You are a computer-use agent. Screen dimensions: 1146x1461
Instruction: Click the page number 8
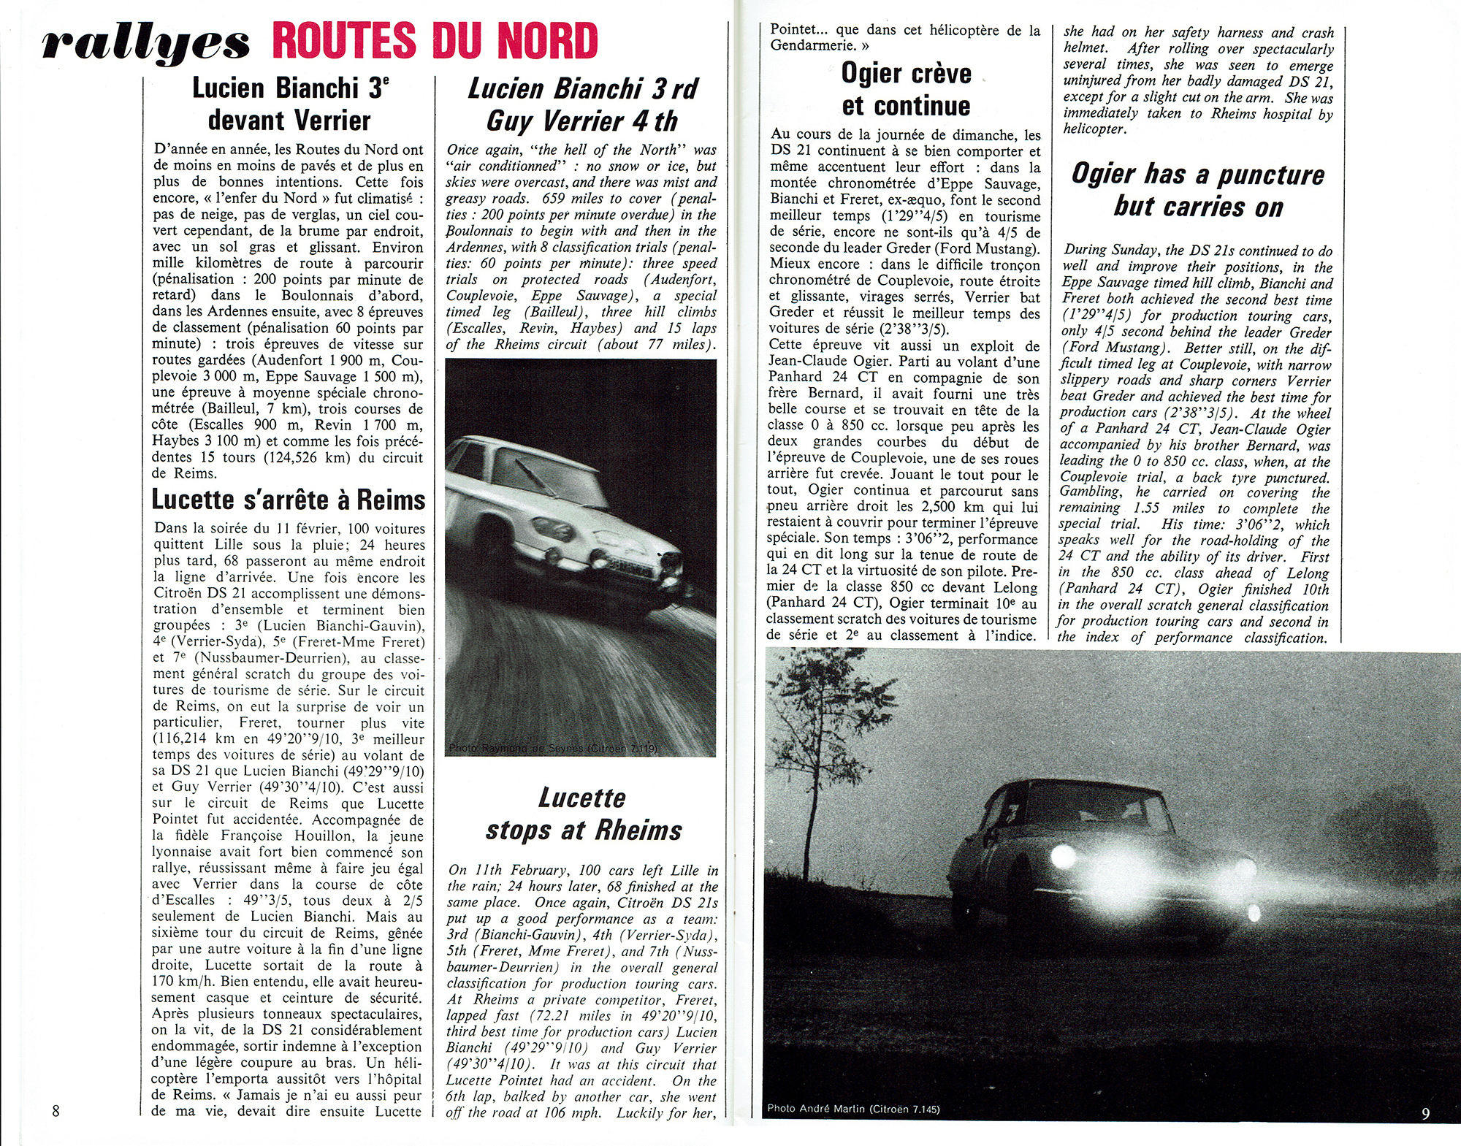click(56, 1111)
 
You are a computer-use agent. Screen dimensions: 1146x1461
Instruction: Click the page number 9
click(1425, 1113)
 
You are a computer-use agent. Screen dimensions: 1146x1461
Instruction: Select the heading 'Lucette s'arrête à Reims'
click(289, 500)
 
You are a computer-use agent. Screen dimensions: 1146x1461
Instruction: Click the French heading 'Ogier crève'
click(906, 73)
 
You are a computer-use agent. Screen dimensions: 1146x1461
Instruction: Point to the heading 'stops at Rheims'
click(584, 830)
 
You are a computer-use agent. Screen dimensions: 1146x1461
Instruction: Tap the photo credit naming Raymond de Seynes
click(554, 748)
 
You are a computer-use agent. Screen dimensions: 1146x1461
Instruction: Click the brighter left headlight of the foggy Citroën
click(1057, 855)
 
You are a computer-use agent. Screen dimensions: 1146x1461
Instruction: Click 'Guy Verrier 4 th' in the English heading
click(582, 121)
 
